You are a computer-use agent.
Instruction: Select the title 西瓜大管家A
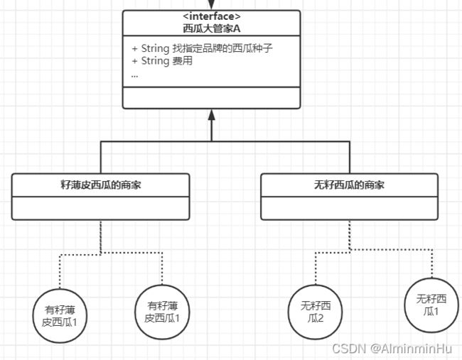(211, 29)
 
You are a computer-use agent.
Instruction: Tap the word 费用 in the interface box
(182, 61)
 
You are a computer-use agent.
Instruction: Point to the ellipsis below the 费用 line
(135, 74)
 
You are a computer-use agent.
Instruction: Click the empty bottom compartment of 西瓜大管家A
(211, 97)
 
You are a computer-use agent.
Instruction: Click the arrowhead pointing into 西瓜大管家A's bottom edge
(211, 115)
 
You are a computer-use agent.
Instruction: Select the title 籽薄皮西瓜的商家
(100, 185)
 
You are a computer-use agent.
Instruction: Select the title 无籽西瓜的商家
(349, 185)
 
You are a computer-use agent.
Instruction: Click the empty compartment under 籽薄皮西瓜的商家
(100, 208)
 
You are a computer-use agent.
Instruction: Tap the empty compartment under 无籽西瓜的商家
(349, 208)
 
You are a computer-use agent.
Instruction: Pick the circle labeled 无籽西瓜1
(431, 305)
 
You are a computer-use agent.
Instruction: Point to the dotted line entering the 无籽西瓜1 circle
(431, 266)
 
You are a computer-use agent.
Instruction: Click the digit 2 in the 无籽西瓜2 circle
(321, 319)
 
